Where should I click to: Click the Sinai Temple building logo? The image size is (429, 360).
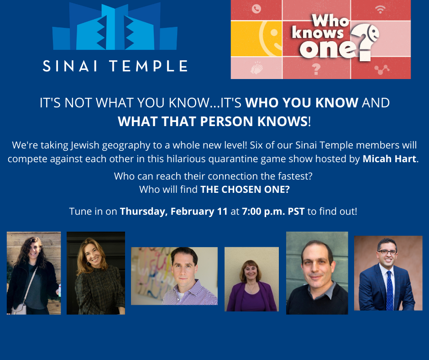point(115,26)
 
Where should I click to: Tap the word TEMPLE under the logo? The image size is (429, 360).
point(149,66)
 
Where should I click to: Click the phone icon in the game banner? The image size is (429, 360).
point(256,9)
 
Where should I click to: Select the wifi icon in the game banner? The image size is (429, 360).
point(380,10)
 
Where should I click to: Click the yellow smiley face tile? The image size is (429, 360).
point(256,38)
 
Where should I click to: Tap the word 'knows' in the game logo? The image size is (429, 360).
point(317,33)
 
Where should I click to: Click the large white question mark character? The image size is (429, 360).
point(365,41)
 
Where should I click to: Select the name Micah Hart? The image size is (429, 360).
point(389,159)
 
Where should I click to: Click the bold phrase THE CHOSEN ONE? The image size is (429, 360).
point(245,189)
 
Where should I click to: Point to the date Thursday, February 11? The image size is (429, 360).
point(174,212)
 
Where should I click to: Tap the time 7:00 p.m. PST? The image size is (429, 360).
point(273,212)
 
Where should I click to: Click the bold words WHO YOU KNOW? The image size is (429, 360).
point(302,103)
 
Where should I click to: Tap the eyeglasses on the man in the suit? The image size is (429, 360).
point(387,252)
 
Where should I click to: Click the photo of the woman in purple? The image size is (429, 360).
point(252,279)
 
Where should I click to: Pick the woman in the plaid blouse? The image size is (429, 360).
point(96,273)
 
